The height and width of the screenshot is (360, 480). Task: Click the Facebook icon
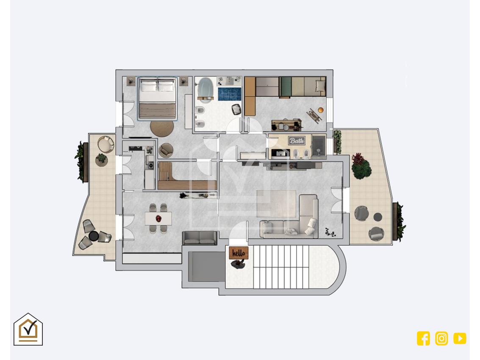click(423, 338)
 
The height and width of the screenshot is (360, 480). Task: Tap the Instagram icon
click(441, 338)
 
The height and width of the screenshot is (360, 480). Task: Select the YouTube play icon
click(460, 338)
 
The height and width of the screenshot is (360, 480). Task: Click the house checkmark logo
click(28, 329)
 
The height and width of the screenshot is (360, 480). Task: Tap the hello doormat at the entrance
click(239, 253)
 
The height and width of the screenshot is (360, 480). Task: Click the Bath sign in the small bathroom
click(297, 141)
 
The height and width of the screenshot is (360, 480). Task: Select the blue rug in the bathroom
click(230, 94)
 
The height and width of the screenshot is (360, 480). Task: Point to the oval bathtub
click(206, 88)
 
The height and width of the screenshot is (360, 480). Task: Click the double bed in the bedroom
click(157, 98)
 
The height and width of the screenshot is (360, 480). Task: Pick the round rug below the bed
click(162, 129)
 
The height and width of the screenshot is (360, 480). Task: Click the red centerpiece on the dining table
click(158, 218)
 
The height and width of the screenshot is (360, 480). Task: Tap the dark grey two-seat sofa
click(200, 238)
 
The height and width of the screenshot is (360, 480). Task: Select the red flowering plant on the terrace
click(361, 166)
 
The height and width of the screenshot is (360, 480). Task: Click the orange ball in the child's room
click(321, 110)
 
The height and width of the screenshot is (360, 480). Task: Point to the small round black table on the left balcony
click(94, 236)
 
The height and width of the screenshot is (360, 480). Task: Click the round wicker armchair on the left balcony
click(105, 144)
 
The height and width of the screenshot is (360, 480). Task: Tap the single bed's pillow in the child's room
click(320, 84)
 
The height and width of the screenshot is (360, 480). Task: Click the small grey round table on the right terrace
click(378, 217)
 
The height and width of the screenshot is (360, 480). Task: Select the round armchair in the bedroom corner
click(166, 150)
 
